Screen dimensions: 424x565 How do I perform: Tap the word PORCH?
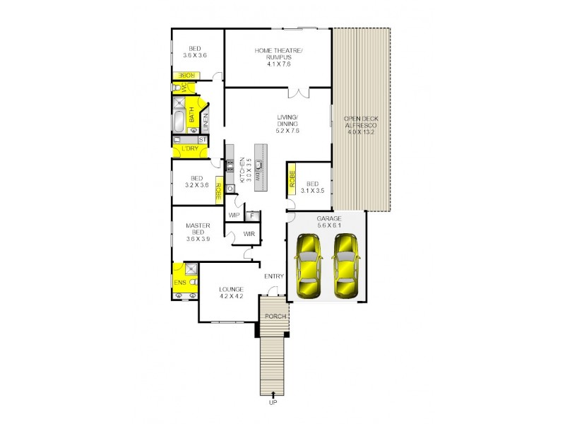pyautogui.click(x=275, y=316)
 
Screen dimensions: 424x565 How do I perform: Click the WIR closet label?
pyautogui.click(x=249, y=233)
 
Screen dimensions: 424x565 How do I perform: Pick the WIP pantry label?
pyautogui.click(x=234, y=215)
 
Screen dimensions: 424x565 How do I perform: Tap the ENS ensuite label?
pyautogui.click(x=179, y=283)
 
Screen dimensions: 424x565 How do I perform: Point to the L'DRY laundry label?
pyautogui.click(x=189, y=149)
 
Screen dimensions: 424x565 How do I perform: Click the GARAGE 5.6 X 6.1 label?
pyautogui.click(x=329, y=223)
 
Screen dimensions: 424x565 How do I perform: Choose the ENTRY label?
pyautogui.click(x=273, y=276)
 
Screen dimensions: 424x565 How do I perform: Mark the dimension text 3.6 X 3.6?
pyautogui.click(x=194, y=55)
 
